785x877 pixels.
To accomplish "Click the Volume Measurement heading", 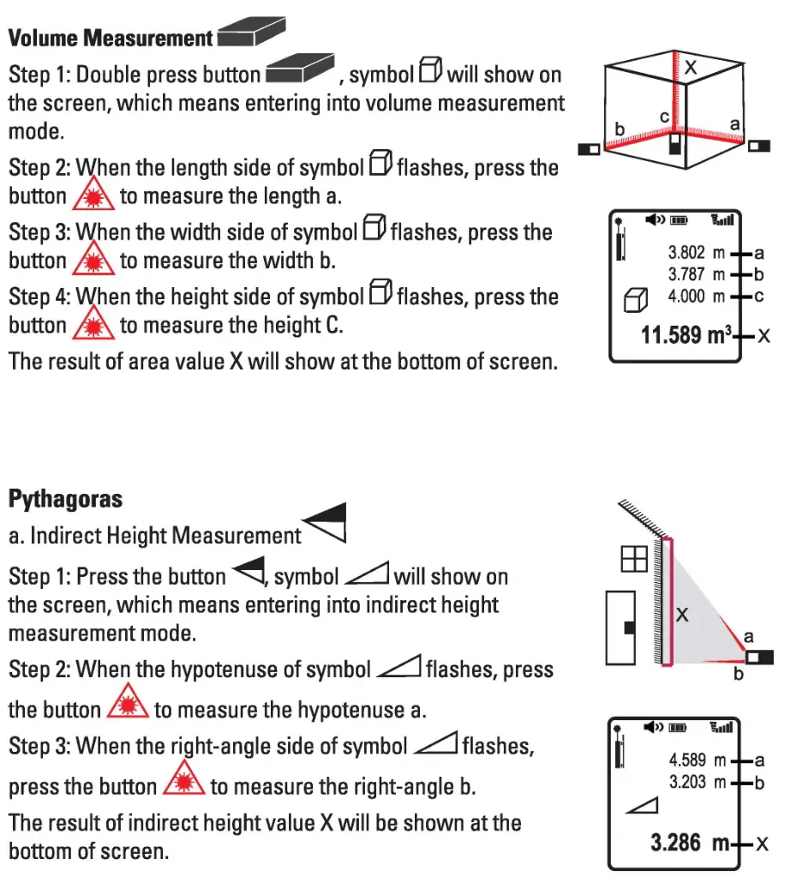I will point(111,38).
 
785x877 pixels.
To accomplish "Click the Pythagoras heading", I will point(65,498).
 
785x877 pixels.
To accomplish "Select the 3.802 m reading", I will point(697,254).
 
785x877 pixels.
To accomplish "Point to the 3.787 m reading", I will point(697,275).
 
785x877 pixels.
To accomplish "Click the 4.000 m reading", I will point(697,297).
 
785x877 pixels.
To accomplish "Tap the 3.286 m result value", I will point(688,844).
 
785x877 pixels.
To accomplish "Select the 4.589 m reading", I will point(697,760).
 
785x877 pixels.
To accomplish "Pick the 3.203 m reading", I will point(697,782).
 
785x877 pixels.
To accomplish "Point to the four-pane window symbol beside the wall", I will point(633,559).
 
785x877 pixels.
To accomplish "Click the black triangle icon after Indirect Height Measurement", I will point(327,523).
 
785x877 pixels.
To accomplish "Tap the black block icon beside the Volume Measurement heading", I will point(250,33).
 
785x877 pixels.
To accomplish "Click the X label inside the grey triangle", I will point(682,614).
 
